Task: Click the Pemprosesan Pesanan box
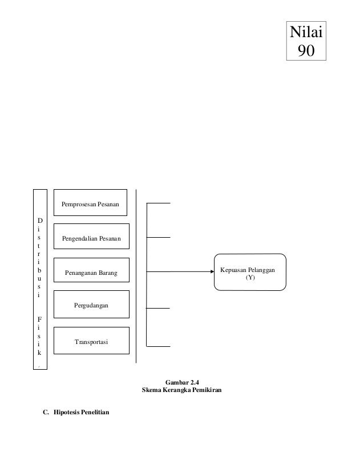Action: pyautogui.click(x=91, y=204)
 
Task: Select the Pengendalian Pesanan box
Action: pyautogui.click(x=91, y=238)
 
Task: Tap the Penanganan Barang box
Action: pyautogui.click(x=91, y=273)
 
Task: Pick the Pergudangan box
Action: pyautogui.click(x=91, y=306)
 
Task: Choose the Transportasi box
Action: pyautogui.click(x=91, y=342)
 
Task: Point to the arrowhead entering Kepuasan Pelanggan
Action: pyautogui.click(x=211, y=271)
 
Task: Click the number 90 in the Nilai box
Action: pyautogui.click(x=306, y=51)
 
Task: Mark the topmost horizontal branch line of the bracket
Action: pyautogui.click(x=159, y=203)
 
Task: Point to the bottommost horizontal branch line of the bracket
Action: pyautogui.click(x=159, y=345)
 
